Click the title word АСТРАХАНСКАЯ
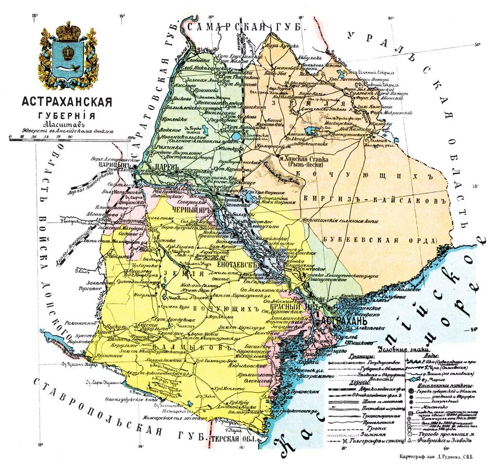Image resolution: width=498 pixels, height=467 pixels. coord(67,102)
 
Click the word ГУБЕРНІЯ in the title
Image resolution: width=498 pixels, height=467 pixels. coord(67,115)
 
